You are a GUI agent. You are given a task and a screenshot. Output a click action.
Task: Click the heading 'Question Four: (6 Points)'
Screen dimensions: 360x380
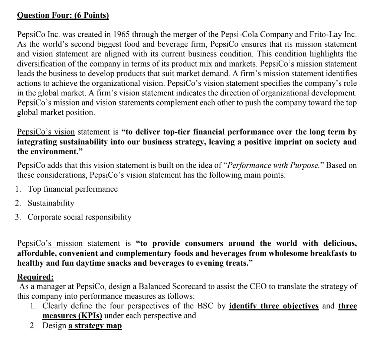pos(63,16)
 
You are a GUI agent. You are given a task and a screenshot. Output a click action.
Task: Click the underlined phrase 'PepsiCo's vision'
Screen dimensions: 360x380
pos(46,132)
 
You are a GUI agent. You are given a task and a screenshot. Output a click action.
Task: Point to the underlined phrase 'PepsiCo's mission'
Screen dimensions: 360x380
pos(50,244)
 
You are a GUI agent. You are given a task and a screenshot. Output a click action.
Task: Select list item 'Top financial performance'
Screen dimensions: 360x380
pos(73,189)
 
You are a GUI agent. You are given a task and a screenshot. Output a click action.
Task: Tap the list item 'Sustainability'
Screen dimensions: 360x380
pos(51,203)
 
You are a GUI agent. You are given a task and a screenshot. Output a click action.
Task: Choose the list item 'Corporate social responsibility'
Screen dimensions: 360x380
pos(79,217)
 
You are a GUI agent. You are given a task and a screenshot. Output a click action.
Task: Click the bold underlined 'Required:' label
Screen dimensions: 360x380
pos(36,277)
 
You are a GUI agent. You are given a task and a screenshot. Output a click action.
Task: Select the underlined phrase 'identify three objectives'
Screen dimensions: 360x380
pos(274,306)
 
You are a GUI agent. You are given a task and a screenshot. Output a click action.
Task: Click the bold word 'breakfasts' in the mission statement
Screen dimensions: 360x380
pos(338,253)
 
